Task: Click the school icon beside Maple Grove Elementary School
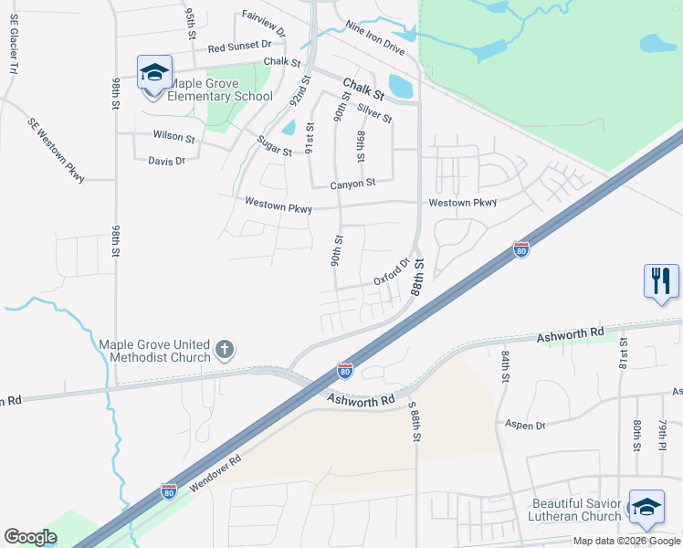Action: [154, 72]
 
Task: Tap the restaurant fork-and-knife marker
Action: [661, 280]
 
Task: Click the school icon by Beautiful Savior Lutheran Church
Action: [646, 508]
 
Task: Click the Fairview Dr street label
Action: [264, 23]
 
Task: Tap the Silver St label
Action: [374, 113]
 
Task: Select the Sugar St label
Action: [274, 145]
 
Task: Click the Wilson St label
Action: [173, 138]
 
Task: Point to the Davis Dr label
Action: [166, 161]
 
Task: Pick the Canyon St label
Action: [352, 184]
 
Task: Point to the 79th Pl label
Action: [663, 434]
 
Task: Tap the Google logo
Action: [30, 537]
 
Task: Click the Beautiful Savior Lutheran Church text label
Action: [576, 510]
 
